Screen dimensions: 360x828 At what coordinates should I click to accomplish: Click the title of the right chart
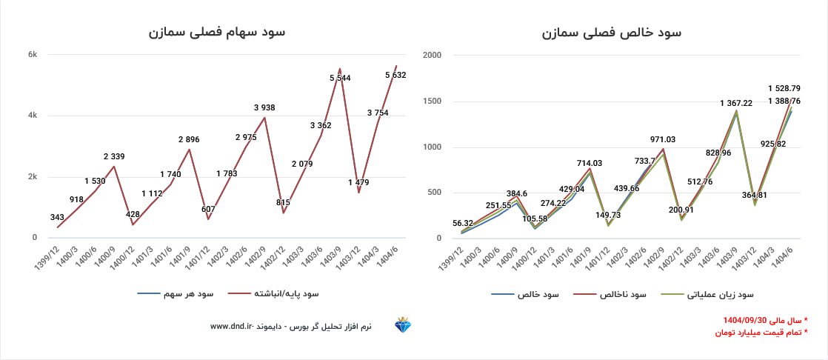612,32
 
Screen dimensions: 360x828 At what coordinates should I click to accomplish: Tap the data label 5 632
395,75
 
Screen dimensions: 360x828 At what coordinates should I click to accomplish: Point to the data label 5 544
340,78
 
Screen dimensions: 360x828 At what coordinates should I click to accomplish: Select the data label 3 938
264,107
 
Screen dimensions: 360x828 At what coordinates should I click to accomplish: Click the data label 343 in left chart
58,217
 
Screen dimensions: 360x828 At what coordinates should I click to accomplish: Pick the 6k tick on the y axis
33,54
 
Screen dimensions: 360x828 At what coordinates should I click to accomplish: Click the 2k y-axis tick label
33,176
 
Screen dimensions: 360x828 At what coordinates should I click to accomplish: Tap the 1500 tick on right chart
432,101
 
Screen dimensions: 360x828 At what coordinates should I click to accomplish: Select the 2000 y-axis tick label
432,55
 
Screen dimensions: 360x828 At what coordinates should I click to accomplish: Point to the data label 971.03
664,139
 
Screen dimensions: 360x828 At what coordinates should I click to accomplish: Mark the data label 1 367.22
735,104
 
